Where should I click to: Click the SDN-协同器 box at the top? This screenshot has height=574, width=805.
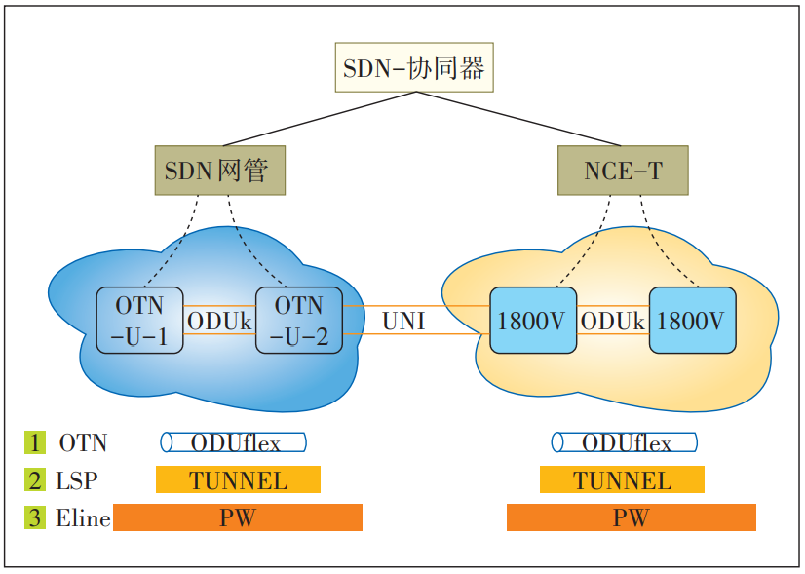coord(413,67)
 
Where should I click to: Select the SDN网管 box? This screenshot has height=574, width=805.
coord(220,171)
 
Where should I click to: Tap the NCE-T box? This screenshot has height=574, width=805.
coord(623,171)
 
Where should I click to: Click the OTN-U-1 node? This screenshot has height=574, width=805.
coord(139,321)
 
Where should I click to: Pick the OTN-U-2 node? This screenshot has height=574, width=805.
coord(298,321)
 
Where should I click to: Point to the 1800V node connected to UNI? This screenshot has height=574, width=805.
coord(532,321)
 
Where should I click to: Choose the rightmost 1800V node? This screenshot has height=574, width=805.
coord(692,321)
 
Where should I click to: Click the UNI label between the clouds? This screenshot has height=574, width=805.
coord(402,321)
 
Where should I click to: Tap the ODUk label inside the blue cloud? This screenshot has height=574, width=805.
coord(219,321)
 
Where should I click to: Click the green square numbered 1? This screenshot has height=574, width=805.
coord(35,442)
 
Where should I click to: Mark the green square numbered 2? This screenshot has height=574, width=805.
coord(35,479)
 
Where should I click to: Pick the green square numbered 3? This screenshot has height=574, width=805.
coord(35,517)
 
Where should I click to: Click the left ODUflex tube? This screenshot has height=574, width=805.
coord(234,443)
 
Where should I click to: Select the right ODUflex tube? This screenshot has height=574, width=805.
coord(625,443)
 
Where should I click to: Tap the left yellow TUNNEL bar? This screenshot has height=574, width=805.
coord(238,479)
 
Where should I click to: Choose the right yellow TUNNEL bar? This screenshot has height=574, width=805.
coord(622,479)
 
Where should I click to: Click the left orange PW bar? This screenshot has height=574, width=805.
coord(238,517)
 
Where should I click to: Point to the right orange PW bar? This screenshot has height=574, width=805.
coord(631,517)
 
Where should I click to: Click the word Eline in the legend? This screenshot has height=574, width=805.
coord(83,518)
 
